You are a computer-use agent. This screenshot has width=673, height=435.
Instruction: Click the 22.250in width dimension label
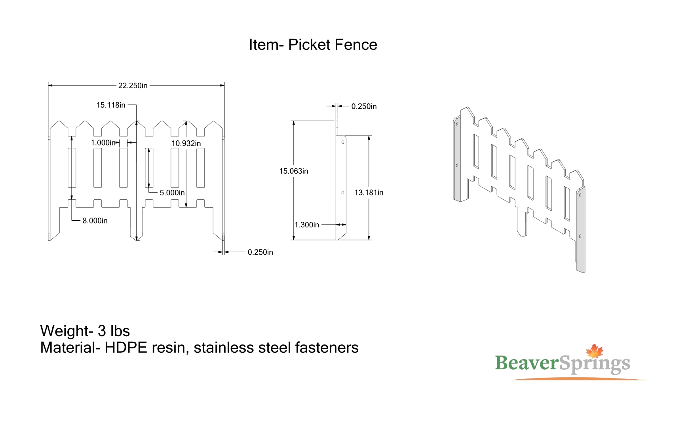click(133, 86)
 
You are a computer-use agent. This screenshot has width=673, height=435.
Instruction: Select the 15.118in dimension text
click(111, 105)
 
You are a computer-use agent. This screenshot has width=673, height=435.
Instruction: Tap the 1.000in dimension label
click(103, 143)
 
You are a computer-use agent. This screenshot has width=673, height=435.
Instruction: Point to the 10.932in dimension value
click(186, 144)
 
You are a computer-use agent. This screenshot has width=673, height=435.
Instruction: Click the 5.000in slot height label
click(172, 193)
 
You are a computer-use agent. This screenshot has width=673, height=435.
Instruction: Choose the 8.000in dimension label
click(95, 221)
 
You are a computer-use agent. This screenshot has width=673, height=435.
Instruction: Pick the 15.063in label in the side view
click(294, 171)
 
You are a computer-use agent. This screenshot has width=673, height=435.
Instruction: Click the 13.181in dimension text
click(369, 193)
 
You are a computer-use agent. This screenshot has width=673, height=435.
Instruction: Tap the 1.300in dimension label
click(307, 225)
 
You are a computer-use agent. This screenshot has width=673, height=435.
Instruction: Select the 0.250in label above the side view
click(364, 106)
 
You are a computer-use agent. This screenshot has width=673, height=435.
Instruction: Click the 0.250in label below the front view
click(260, 252)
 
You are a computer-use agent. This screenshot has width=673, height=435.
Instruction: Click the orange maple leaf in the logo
click(595, 351)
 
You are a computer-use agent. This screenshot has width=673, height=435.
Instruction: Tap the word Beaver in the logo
click(527, 363)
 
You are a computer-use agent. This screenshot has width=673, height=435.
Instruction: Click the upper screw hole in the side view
click(343, 142)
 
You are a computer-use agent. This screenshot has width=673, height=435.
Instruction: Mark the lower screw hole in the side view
click(343, 193)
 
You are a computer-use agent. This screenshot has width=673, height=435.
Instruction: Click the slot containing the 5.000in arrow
click(149, 168)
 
